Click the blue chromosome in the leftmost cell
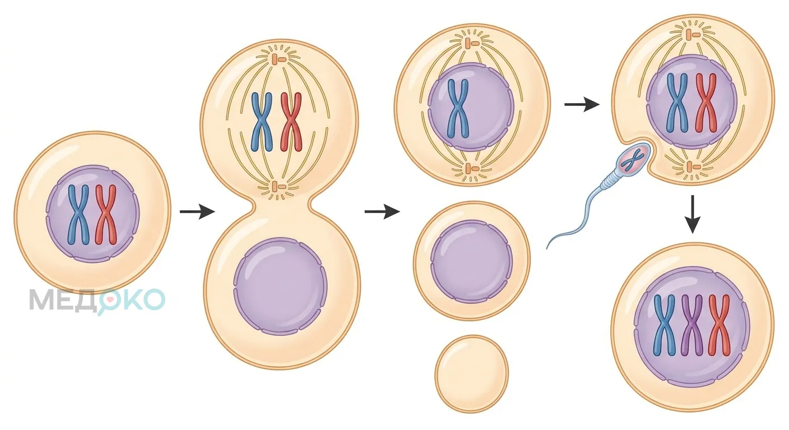tap(78, 214)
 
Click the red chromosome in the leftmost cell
tap(106, 214)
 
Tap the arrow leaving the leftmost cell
tap(197, 212)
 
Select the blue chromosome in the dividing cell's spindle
tap(262, 121)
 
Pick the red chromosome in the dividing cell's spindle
tap(291, 121)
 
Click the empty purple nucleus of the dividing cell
tap(280, 286)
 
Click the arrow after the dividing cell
tap(382, 212)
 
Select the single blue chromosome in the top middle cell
tap(458, 109)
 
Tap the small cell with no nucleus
tap(472, 373)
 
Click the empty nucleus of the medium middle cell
tap(472, 261)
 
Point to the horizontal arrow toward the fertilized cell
tap(582, 104)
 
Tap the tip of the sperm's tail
tap(547, 249)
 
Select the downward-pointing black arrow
tap(693, 214)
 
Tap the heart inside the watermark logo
tap(110, 300)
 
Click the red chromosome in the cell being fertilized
tap(706, 103)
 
